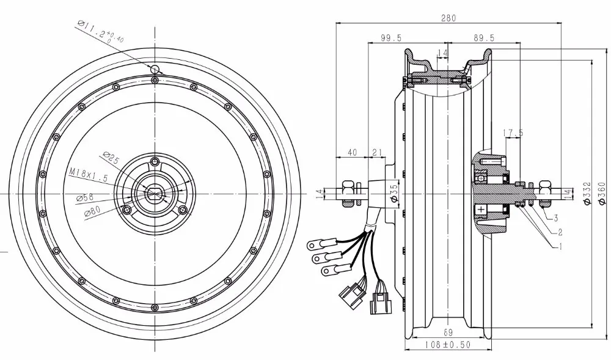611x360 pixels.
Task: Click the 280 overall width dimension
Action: pos(449,18)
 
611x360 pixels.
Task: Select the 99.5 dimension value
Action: pos(390,38)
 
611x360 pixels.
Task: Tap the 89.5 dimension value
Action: pos(484,38)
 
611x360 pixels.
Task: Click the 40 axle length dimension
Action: pos(352,152)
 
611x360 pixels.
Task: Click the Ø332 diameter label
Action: pos(585,194)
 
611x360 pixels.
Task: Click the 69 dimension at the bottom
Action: pos(448,332)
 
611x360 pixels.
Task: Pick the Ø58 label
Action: pos(87,197)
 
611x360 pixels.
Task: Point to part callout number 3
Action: pos(557,217)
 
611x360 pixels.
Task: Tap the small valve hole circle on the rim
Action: pos(156,69)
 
